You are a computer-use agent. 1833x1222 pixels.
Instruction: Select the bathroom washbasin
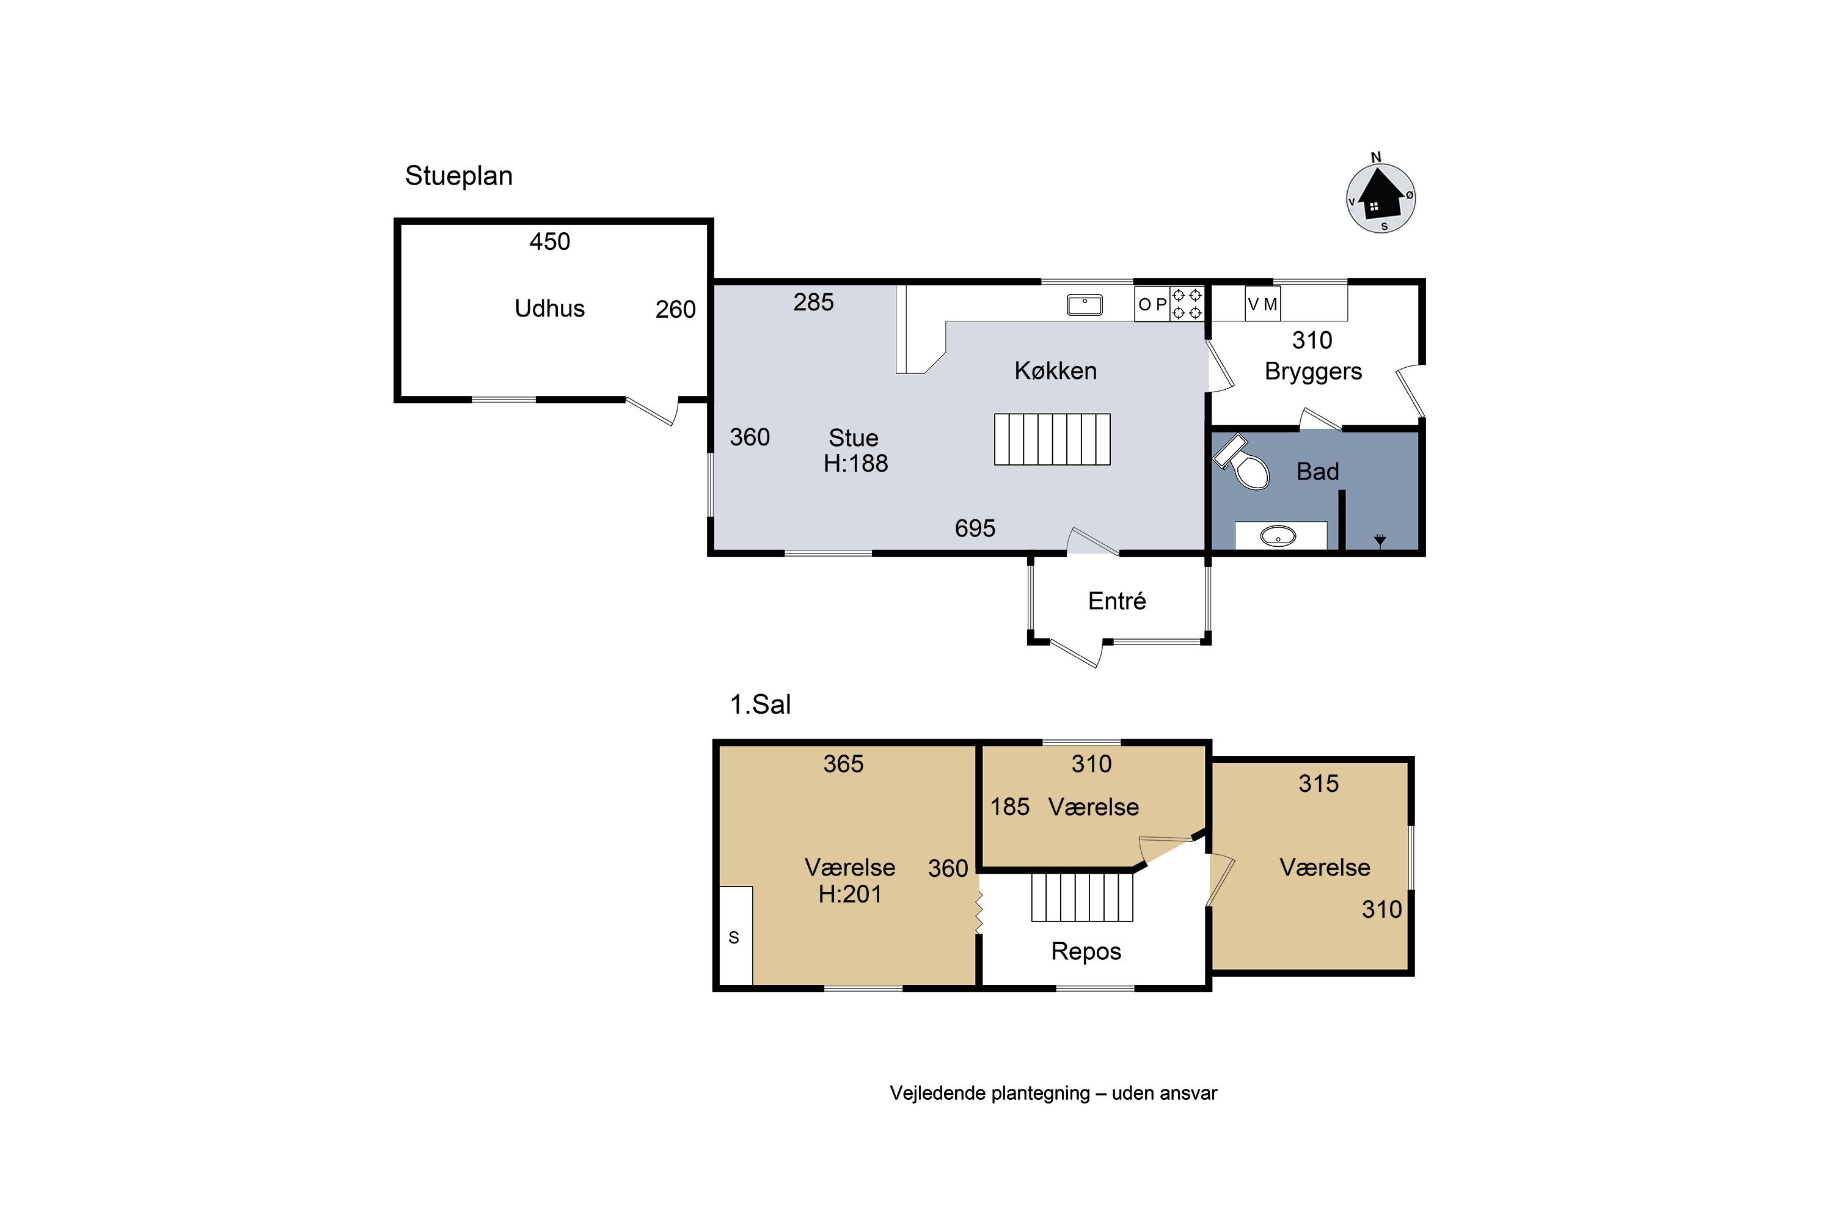(1278, 536)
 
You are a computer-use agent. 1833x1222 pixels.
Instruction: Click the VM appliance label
(1262, 304)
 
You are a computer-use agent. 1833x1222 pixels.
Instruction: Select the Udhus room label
(549, 309)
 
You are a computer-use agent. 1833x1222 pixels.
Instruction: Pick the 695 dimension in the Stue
(975, 529)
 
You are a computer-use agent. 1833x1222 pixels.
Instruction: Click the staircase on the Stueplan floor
(1052, 439)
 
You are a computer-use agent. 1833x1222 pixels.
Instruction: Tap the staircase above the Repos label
(1081, 897)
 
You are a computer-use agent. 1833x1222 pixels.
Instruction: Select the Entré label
(1117, 601)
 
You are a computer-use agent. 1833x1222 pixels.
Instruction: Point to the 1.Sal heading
(760, 704)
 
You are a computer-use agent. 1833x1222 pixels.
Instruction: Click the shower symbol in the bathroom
(1380, 540)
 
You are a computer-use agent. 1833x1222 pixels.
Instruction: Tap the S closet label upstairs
(733, 937)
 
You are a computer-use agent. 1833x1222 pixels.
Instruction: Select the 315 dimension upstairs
(1319, 783)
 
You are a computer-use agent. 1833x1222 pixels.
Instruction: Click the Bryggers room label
(1313, 371)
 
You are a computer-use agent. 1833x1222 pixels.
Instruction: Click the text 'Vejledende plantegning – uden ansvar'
(1053, 1094)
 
